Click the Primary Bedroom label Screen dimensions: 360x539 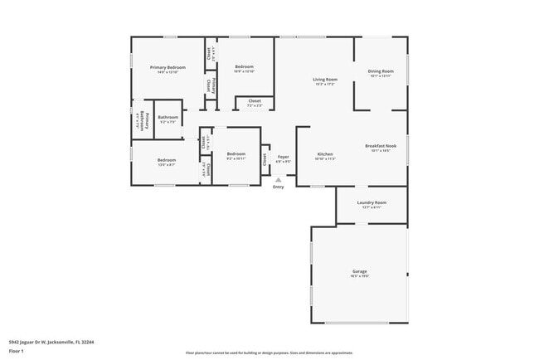coord(168,66)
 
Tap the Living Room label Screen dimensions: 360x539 coord(324,80)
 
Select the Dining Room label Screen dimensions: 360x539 coord(381,71)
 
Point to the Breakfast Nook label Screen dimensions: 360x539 coord(381,146)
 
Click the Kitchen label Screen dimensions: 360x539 coord(325,153)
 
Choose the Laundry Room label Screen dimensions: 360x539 coord(371,202)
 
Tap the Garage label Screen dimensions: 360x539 coord(359,271)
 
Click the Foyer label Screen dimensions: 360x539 coord(283,156)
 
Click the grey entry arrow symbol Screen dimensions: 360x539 coord(279,179)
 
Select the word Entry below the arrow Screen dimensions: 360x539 coord(279,187)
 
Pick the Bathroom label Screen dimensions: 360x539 coord(168,118)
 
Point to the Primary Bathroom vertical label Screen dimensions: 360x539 coord(142,120)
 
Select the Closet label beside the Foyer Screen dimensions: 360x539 coord(265,158)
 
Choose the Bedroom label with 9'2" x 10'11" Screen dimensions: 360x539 coord(236,153)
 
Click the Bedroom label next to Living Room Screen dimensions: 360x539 coord(244,66)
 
